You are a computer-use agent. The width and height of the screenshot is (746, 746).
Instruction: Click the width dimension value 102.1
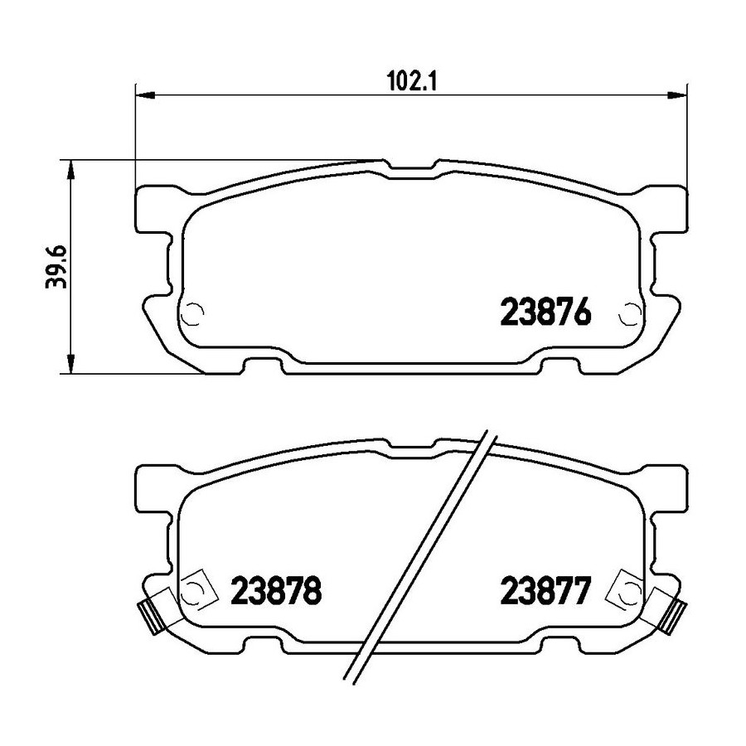[412, 82]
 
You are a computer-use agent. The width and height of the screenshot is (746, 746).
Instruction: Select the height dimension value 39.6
[56, 268]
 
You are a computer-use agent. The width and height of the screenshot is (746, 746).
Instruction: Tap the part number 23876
[545, 312]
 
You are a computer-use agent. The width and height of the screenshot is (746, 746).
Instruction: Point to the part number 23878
[276, 590]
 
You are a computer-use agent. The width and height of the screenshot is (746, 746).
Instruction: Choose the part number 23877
[545, 590]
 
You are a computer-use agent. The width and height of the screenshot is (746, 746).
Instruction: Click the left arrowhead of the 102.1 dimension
[146, 95]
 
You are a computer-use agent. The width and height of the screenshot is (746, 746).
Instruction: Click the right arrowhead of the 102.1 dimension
[677, 95]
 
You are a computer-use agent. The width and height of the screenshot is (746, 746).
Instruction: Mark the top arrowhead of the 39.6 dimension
[70, 170]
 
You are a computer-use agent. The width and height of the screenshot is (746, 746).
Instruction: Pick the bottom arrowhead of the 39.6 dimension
[70, 363]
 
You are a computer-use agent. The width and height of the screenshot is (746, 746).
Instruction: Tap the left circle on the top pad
[194, 314]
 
